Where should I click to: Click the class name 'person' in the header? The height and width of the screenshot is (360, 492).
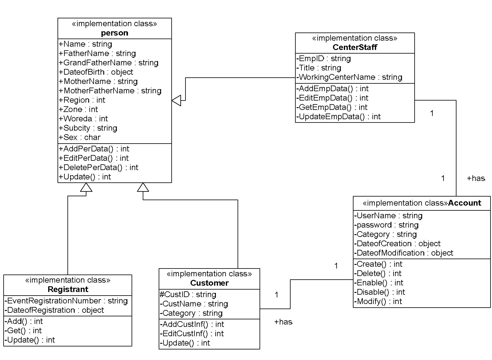(114, 33)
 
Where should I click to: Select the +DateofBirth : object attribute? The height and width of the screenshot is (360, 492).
(96, 72)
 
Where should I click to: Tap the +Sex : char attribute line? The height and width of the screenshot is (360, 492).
(80, 137)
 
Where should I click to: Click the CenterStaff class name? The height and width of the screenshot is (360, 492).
(355, 47)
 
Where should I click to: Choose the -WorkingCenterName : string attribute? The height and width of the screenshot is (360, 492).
(349, 77)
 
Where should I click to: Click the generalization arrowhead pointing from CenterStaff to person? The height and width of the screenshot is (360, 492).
(176, 100)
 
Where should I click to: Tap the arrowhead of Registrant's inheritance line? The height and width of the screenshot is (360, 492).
(86, 187)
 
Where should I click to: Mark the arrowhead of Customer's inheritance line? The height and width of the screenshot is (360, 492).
(143, 187)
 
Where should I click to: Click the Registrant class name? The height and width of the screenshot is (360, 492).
(68, 289)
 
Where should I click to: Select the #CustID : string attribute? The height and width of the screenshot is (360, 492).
(188, 294)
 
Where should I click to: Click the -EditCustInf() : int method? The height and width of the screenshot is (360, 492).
(192, 334)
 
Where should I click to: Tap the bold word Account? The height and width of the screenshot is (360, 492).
(464, 203)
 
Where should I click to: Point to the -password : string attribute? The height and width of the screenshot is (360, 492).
(386, 225)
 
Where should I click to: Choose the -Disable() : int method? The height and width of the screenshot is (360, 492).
(379, 292)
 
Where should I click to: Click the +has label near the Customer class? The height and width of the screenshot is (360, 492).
(283, 322)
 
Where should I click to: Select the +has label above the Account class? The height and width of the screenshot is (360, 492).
(476, 178)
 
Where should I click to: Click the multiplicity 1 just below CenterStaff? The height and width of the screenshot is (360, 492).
(432, 113)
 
